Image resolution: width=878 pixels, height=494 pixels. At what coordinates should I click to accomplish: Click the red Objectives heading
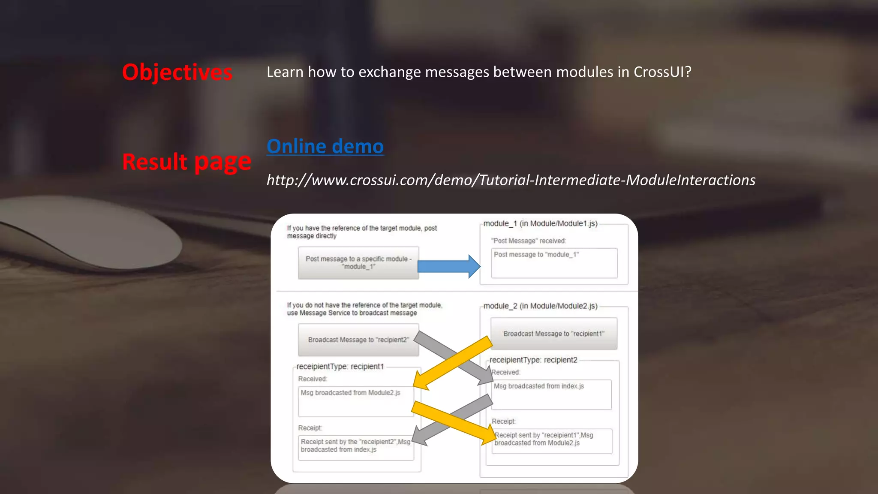pos(177,72)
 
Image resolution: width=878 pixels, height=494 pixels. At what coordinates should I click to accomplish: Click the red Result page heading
pos(186,162)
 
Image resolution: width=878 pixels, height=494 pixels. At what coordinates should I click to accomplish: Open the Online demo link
pos(325,146)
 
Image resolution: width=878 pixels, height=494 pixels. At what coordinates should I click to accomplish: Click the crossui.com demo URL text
pos(511,180)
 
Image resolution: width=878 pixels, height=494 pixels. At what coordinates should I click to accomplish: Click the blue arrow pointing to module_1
pos(448,266)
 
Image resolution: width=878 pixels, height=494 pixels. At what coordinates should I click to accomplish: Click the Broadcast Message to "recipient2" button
pos(358,340)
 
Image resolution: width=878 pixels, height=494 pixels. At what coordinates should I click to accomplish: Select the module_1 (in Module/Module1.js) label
pos(540,223)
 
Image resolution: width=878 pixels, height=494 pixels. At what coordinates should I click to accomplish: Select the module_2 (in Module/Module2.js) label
pos(540,306)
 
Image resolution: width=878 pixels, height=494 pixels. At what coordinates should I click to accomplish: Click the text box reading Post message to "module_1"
pos(554,262)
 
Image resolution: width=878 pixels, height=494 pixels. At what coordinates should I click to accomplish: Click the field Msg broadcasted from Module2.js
pos(356,401)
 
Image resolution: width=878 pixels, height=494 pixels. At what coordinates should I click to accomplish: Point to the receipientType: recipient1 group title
pos(340,367)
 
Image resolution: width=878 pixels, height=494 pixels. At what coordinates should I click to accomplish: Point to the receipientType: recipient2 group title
pos(533,360)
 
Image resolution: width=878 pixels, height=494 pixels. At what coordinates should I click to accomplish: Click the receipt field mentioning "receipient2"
pos(356,448)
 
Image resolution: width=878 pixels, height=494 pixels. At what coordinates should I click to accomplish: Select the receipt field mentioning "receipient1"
pos(552,441)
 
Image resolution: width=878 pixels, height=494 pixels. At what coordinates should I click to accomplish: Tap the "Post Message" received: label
pos(528,241)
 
